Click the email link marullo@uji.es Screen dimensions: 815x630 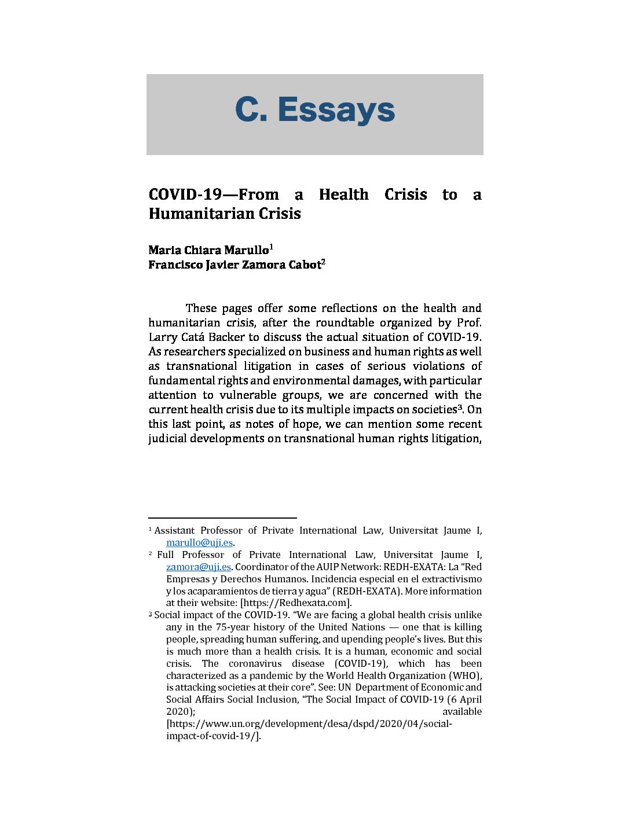click(x=199, y=542)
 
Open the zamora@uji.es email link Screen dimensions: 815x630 click(x=198, y=567)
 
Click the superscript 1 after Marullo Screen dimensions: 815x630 click(x=271, y=247)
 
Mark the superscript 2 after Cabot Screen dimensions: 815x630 click(x=323, y=262)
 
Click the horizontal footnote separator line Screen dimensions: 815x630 click(x=222, y=518)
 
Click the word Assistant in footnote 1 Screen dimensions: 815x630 click(x=174, y=530)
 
